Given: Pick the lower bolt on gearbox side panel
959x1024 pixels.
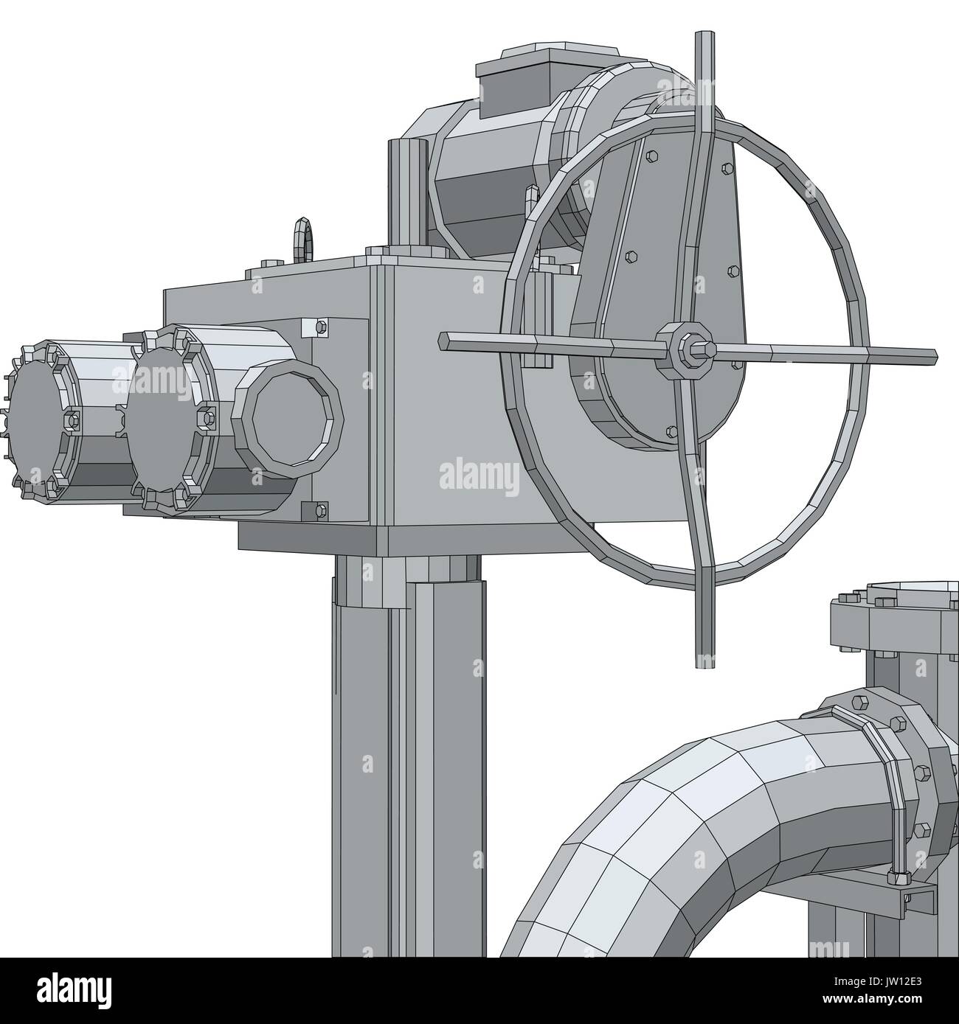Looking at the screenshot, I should coord(319,509).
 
